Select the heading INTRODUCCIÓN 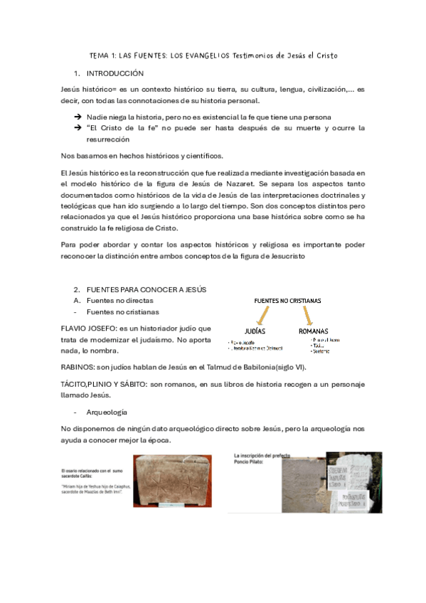(x=115, y=73)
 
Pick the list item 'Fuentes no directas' (x=119, y=301)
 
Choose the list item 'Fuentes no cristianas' (x=122, y=311)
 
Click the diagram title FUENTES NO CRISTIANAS (x=287, y=301)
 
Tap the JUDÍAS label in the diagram (x=255, y=331)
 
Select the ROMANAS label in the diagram (x=313, y=331)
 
